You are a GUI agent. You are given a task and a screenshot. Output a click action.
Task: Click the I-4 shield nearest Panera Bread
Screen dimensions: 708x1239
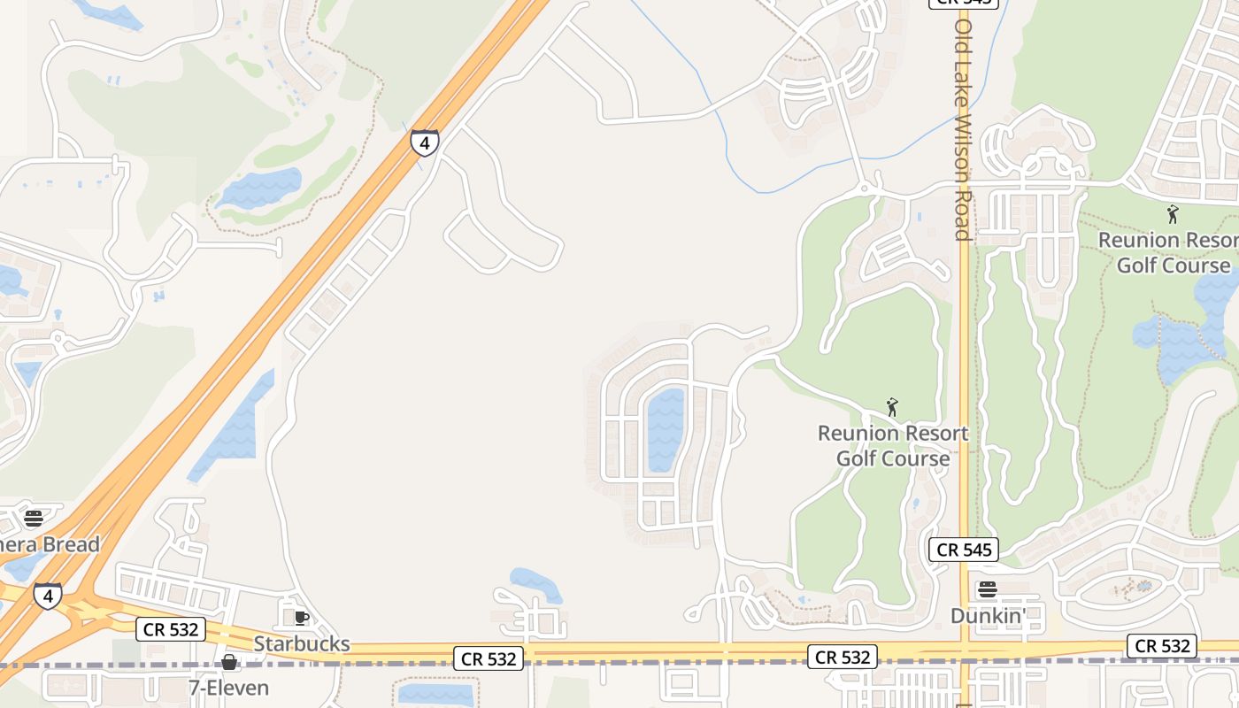(48, 595)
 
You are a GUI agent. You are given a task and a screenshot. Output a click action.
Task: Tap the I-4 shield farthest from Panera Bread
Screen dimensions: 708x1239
(425, 142)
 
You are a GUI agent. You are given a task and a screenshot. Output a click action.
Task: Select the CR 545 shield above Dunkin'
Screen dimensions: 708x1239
(964, 550)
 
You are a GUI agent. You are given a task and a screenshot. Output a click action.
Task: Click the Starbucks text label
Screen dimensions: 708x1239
(302, 643)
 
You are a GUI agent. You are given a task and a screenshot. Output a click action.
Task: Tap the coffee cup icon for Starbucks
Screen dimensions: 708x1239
(301, 618)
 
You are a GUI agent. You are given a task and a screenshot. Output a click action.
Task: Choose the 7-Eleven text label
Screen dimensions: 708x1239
(228, 687)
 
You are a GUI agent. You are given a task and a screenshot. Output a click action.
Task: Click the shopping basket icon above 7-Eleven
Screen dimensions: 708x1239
(229, 662)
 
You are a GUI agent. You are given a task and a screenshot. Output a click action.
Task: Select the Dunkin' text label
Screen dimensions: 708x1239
(988, 615)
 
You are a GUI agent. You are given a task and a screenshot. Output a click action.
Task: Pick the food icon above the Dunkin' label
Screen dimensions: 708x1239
(988, 589)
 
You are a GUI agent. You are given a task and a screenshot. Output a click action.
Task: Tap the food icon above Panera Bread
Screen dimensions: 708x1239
(34, 518)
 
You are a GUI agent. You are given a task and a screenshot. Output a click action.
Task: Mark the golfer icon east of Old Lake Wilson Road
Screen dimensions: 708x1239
(1173, 214)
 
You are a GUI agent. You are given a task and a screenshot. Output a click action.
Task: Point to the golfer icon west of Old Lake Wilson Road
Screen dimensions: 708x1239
(892, 408)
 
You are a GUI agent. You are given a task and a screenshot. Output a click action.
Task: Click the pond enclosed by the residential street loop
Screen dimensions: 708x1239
(666, 430)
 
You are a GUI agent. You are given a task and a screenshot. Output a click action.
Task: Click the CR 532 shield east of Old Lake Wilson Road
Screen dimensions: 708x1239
(1162, 646)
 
